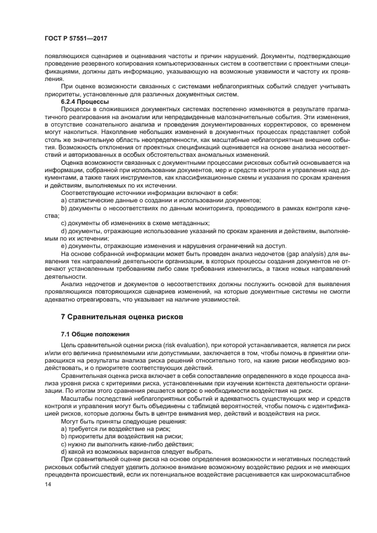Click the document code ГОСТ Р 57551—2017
tap(76, 37)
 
